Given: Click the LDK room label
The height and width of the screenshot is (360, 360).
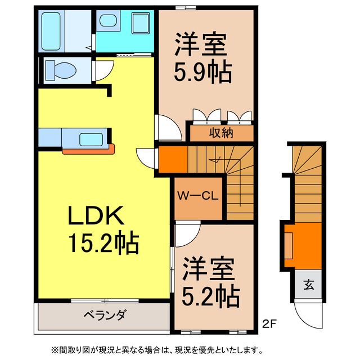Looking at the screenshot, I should click(96, 216).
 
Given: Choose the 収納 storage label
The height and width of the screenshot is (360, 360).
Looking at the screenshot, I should click(222, 133).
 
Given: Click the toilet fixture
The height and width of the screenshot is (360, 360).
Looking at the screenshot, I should click(60, 70).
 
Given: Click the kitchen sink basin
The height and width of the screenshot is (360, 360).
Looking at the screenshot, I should click(90, 139).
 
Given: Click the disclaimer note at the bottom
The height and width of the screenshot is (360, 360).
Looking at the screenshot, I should click(179, 349).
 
